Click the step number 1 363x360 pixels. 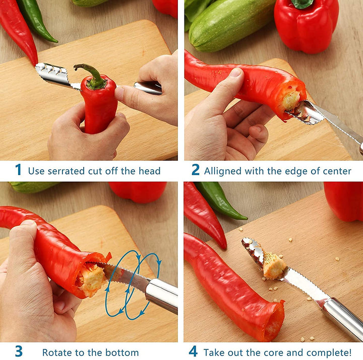point(19,169)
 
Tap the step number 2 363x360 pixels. point(196,169)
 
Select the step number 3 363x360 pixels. point(19,351)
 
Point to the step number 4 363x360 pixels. point(193,351)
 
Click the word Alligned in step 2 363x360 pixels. point(223,171)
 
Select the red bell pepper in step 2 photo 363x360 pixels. point(306,26)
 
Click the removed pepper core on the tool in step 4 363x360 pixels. point(274,266)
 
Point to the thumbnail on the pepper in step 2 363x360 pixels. point(236,72)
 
